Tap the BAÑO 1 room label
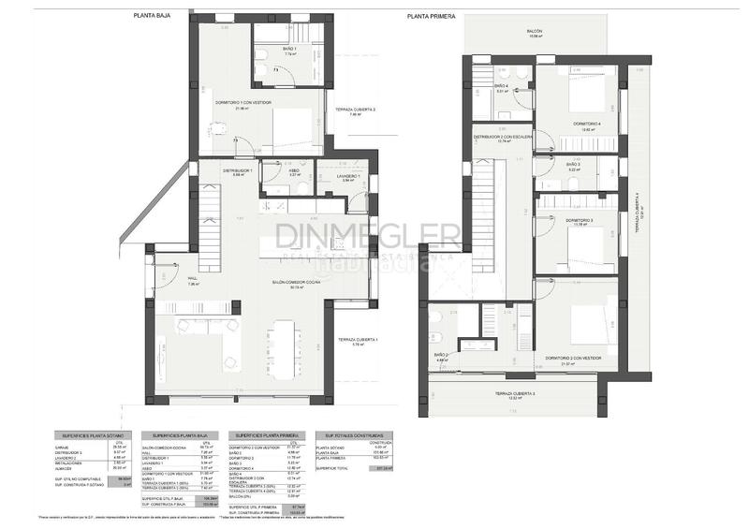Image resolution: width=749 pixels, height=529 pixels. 289,49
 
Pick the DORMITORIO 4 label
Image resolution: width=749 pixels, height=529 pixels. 587,125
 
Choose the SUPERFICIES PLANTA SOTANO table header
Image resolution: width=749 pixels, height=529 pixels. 90,435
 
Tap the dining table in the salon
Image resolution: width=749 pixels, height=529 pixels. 282,346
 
